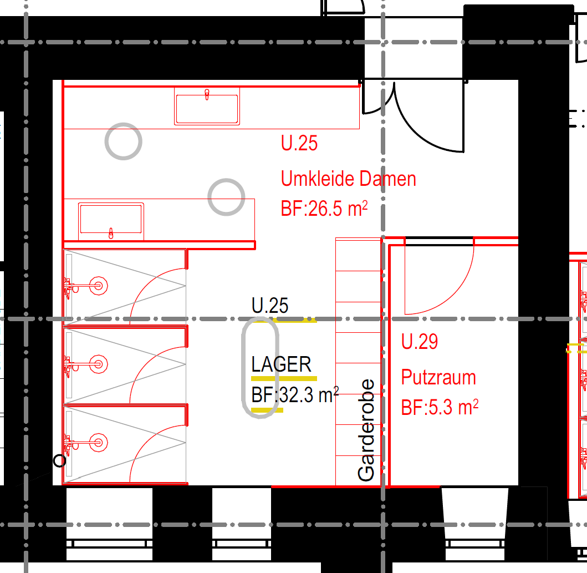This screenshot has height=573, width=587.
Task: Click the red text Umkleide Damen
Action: pyautogui.click(x=349, y=179)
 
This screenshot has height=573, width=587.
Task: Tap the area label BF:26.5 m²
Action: pyautogui.click(x=324, y=209)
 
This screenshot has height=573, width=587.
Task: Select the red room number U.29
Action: pyautogui.click(x=419, y=342)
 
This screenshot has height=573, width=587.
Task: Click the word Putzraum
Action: pyautogui.click(x=438, y=377)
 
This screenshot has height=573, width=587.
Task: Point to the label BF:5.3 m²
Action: pyautogui.click(x=440, y=408)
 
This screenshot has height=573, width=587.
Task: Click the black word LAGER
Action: pyautogui.click(x=281, y=364)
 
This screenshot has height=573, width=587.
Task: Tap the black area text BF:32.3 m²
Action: pyautogui.click(x=295, y=395)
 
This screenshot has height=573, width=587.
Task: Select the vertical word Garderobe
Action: pyautogui.click(x=366, y=430)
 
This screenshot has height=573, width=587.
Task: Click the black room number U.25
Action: pyautogui.click(x=270, y=306)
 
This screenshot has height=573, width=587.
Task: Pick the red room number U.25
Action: pyautogui.click(x=299, y=143)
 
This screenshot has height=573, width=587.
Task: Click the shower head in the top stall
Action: pyautogui.click(x=99, y=286)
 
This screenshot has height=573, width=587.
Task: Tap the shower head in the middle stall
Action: pyautogui.click(x=99, y=364)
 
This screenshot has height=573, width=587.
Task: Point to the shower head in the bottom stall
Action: pyautogui.click(x=99, y=443)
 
